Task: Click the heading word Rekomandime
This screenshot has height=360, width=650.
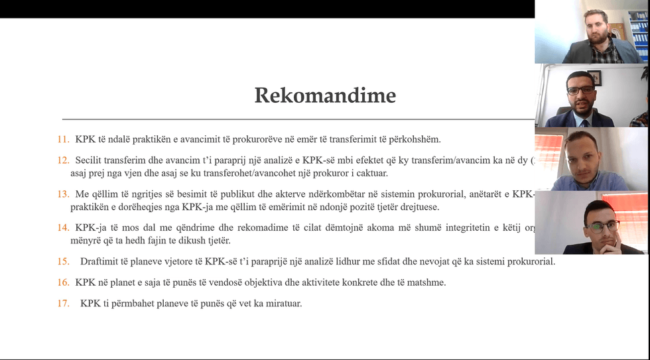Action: coord(325,95)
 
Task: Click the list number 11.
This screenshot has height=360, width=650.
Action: coord(63,140)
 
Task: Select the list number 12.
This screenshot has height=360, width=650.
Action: coord(63,160)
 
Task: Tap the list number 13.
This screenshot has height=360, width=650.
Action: coord(63,194)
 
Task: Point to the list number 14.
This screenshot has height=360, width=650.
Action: coord(63,227)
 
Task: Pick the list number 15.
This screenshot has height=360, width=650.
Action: coord(63,261)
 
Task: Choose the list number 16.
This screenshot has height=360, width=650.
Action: coord(63,282)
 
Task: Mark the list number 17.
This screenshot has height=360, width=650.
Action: coord(63,304)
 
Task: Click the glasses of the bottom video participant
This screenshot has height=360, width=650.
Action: coord(602,225)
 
